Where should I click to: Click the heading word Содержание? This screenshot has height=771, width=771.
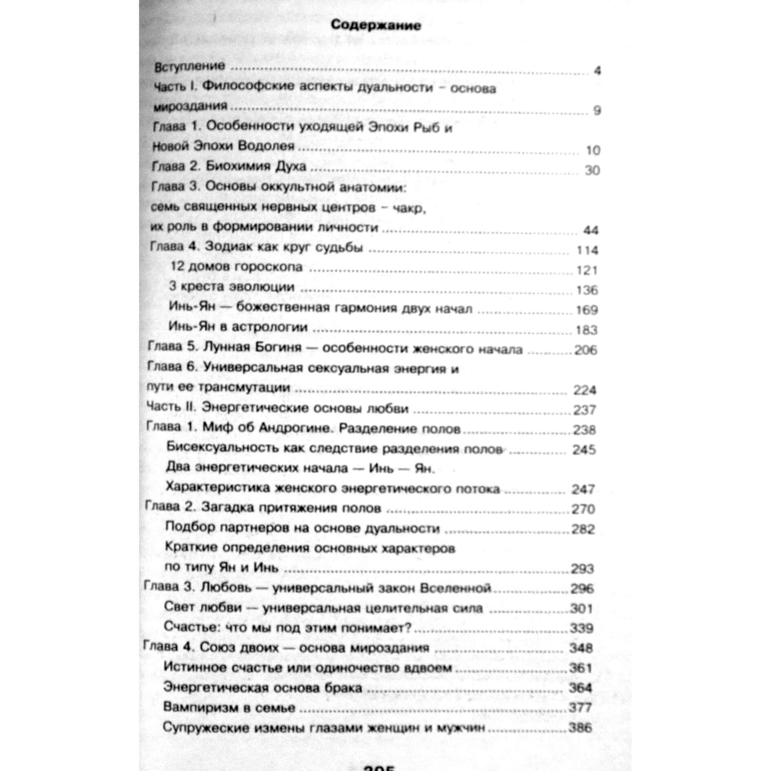click(x=376, y=25)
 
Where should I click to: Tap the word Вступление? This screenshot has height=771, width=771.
click(x=190, y=67)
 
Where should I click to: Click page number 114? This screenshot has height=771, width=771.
click(x=587, y=250)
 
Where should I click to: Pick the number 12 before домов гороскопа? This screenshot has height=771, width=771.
click(x=177, y=267)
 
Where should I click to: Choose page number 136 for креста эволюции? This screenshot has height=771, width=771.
click(x=587, y=290)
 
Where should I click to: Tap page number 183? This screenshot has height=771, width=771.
click(x=586, y=330)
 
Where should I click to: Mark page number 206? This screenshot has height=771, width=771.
click(x=585, y=351)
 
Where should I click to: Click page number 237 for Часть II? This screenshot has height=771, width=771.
click(x=585, y=410)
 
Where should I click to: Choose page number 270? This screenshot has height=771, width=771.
click(x=583, y=509)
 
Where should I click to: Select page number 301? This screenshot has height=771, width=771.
click(x=582, y=609)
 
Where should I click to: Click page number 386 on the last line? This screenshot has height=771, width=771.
click(x=580, y=728)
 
